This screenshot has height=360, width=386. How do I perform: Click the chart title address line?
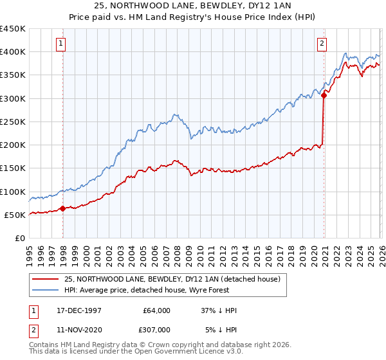click(193, 6)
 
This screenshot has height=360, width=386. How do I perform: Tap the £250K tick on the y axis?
click(13, 122)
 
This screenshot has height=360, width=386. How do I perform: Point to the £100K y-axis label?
click(13, 192)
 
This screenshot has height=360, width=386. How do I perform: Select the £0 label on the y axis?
click(21, 238)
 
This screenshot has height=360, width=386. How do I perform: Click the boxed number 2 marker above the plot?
click(321, 44)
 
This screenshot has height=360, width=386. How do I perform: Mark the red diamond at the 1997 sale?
click(62, 208)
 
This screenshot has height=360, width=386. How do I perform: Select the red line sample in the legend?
click(46, 280)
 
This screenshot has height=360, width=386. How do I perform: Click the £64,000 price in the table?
click(156, 310)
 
